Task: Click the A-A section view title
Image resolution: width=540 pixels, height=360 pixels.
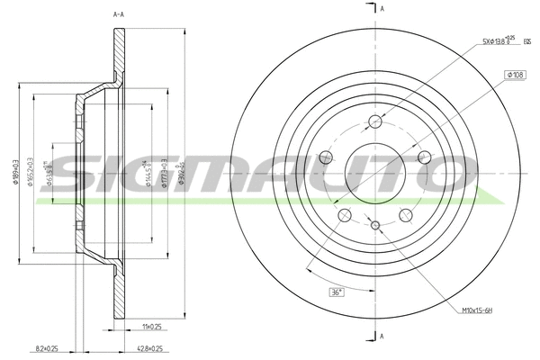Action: tap(119, 15)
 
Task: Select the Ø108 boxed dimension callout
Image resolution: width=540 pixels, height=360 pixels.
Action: tap(515, 75)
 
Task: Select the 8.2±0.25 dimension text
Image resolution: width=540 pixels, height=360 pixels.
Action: tap(46, 347)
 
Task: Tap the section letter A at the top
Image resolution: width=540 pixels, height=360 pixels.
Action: tap(382, 8)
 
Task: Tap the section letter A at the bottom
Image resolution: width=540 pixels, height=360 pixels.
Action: tap(382, 336)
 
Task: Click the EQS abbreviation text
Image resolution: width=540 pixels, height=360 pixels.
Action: tap(526, 41)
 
